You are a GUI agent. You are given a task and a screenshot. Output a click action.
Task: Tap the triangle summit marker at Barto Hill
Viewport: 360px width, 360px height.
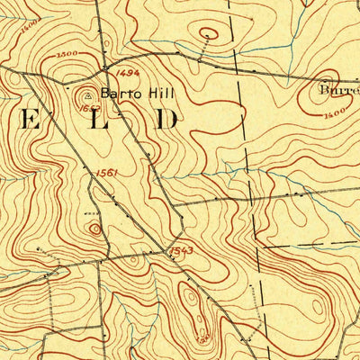88,92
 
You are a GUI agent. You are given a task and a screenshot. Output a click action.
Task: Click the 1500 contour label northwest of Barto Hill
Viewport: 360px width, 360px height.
65,55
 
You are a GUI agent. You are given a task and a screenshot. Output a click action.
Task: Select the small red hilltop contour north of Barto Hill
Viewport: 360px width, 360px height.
208,35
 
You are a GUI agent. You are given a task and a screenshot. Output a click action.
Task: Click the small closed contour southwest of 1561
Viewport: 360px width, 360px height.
94,229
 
